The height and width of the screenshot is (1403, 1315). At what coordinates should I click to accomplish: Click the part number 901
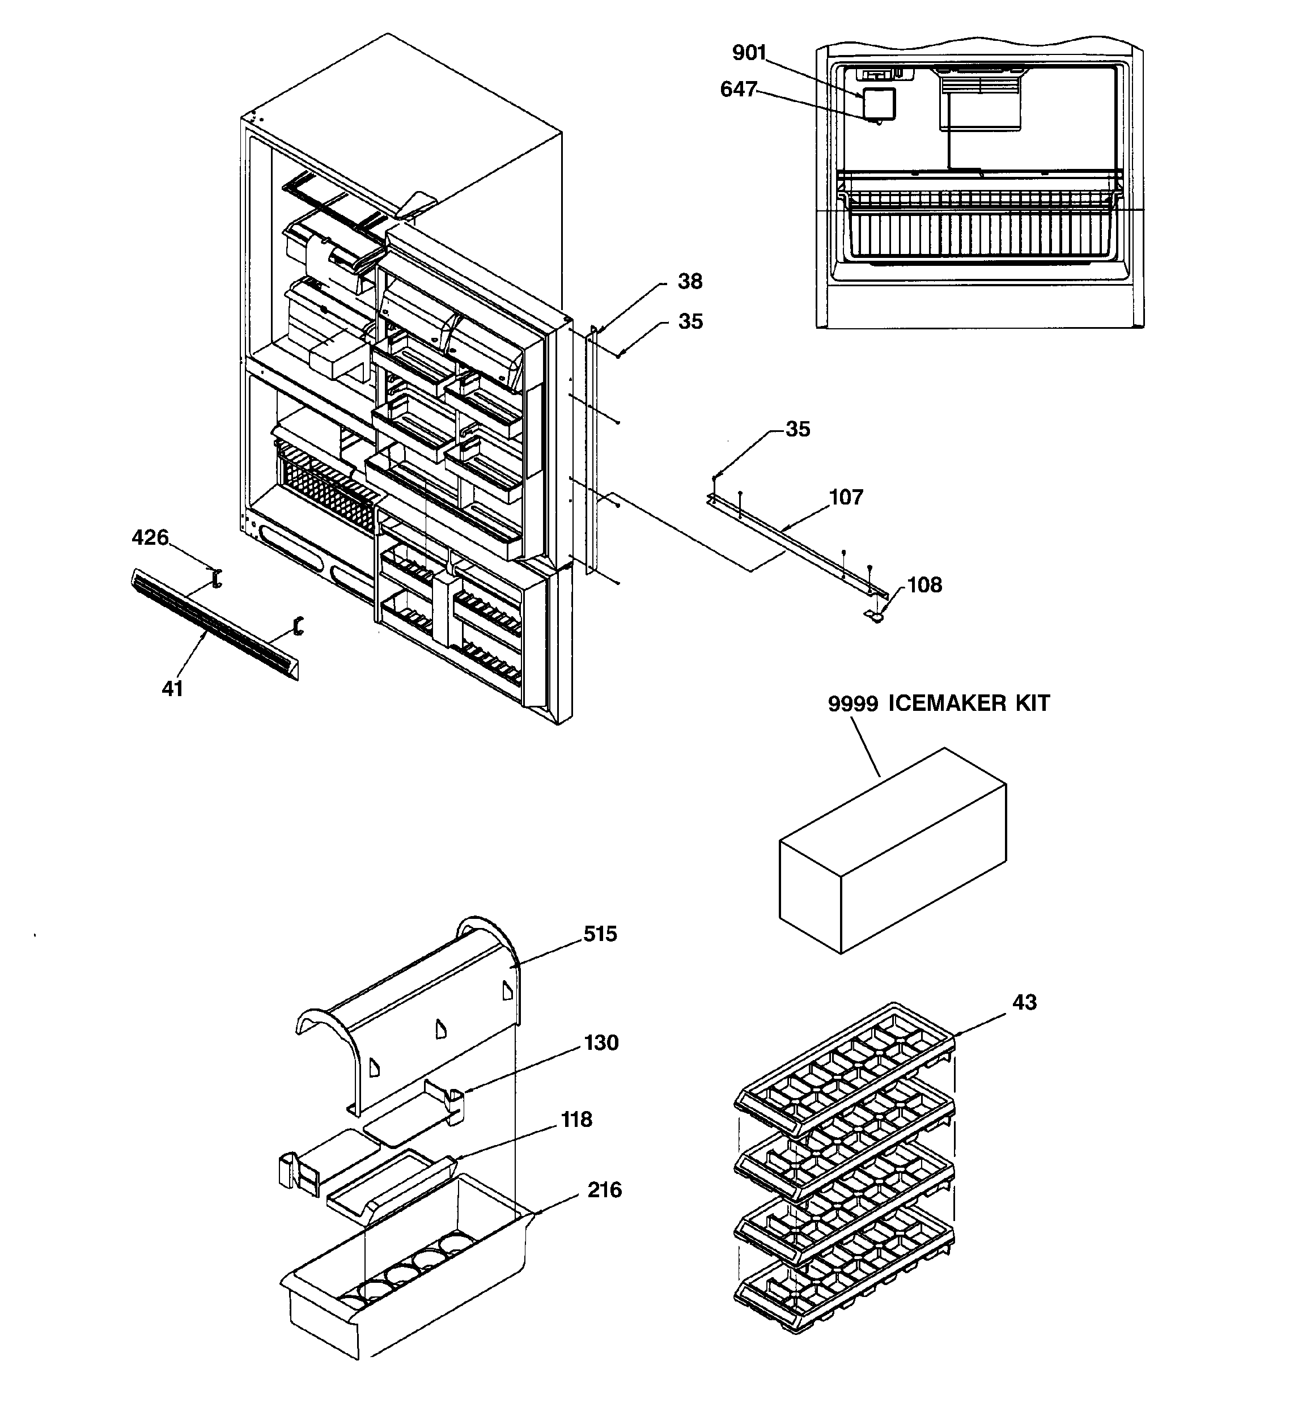[x=749, y=53]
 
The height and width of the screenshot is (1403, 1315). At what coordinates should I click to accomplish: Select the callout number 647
[x=737, y=90]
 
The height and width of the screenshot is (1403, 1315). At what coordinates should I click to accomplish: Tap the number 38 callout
[x=690, y=282]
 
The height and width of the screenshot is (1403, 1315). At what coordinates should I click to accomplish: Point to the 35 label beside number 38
[x=690, y=322]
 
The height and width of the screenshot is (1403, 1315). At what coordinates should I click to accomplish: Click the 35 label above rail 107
[x=798, y=429]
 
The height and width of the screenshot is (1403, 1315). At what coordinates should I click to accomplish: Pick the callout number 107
[x=846, y=498]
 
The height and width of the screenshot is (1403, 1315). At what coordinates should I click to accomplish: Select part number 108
[x=924, y=585]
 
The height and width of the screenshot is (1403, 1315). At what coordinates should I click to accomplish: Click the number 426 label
[x=150, y=538]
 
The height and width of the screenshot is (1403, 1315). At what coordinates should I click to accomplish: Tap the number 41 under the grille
[x=172, y=689]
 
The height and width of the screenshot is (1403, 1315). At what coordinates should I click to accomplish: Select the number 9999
[x=852, y=703]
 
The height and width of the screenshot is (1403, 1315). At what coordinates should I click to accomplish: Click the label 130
[x=601, y=1043]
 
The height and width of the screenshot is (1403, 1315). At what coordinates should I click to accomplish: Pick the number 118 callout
[x=576, y=1120]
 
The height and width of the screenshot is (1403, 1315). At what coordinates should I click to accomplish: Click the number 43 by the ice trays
[x=1024, y=1002]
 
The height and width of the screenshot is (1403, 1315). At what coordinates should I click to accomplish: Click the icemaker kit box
[x=893, y=854]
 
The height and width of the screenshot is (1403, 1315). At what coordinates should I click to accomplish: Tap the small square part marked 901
[x=880, y=103]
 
